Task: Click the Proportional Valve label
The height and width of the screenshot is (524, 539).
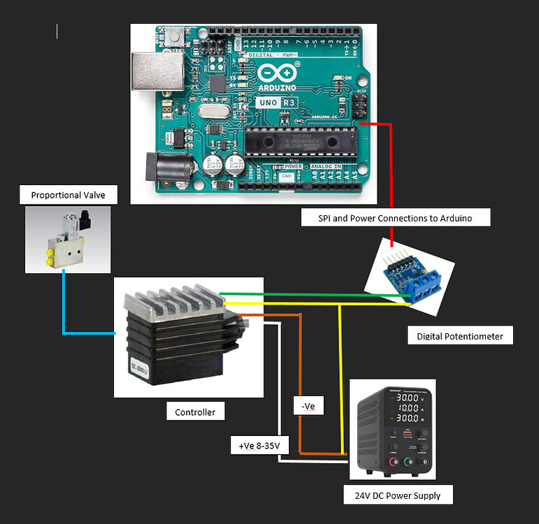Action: (68, 195)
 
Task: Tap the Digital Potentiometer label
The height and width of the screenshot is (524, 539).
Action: (459, 336)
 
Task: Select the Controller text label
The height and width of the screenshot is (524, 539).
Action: (195, 412)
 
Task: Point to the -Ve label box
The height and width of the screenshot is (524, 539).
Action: (307, 405)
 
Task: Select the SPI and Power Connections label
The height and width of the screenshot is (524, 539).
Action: (395, 218)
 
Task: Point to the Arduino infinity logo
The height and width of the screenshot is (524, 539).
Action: (277, 73)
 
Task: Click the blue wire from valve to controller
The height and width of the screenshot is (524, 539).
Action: (64, 307)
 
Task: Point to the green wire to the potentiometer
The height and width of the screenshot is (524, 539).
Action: (315, 294)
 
